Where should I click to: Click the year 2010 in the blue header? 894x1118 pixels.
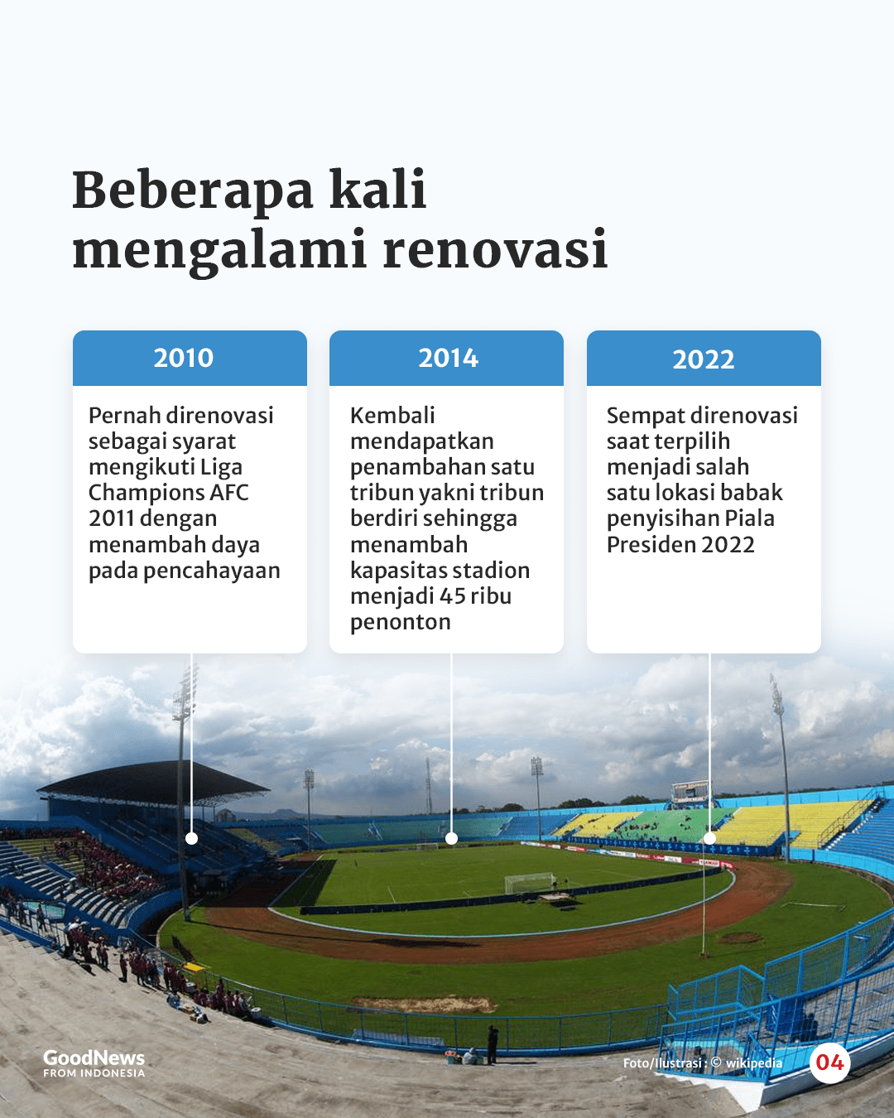pyautogui.click(x=184, y=358)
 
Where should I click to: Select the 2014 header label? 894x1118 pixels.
pyautogui.click(x=449, y=358)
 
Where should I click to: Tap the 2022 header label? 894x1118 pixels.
pyautogui.click(x=704, y=359)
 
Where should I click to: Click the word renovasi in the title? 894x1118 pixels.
pyautogui.click(x=495, y=248)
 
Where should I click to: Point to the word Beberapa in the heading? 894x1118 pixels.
pyautogui.click(x=193, y=189)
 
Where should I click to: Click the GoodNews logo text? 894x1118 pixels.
pyautogui.click(x=94, y=1058)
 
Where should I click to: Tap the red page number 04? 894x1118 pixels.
pyautogui.click(x=829, y=1063)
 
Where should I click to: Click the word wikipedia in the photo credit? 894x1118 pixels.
pyautogui.click(x=754, y=1063)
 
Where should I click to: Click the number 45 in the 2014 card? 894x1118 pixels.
pyautogui.click(x=452, y=596)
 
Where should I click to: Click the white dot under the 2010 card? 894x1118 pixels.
pyautogui.click(x=192, y=838)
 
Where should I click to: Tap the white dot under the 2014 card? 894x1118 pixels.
pyautogui.click(x=451, y=838)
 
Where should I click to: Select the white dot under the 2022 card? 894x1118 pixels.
pyautogui.click(x=709, y=838)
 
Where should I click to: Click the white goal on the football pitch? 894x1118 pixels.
pyautogui.click(x=529, y=883)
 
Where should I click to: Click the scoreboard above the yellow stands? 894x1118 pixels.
pyautogui.click(x=691, y=792)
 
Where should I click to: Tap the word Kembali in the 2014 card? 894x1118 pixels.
pyautogui.click(x=392, y=416)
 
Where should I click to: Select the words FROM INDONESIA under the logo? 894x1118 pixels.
pyautogui.click(x=94, y=1072)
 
